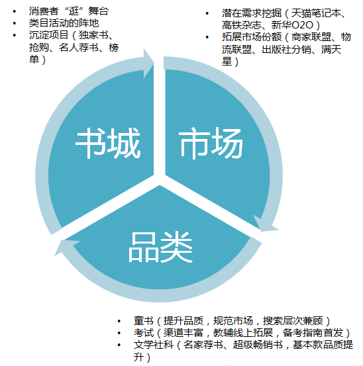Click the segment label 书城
(x=108, y=143)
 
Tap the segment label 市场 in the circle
(x=211, y=143)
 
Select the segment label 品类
(x=160, y=247)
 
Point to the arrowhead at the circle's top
(x=149, y=64)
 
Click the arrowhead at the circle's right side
(x=265, y=224)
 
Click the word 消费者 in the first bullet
(x=44, y=11)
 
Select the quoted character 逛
(x=74, y=11)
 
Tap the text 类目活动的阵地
(x=64, y=23)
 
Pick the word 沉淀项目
(x=48, y=35)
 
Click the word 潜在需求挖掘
(x=252, y=13)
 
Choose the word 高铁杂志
(x=242, y=25)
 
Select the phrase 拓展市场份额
(x=252, y=37)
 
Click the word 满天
(x=331, y=49)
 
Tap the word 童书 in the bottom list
(x=144, y=321)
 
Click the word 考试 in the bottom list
(x=144, y=333)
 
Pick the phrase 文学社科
(x=154, y=345)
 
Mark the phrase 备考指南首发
(x=313, y=333)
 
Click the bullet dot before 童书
(x=119, y=321)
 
